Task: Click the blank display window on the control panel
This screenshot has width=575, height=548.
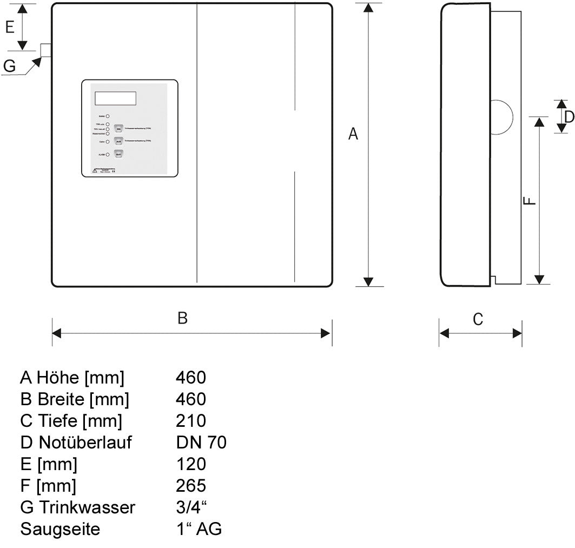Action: (116, 98)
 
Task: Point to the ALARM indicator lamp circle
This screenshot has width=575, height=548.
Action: (108, 155)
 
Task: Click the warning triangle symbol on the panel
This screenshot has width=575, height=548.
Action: (95, 171)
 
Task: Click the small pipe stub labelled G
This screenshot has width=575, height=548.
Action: (45, 50)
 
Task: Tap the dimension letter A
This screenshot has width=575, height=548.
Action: (353, 134)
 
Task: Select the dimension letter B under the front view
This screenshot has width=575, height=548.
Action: (183, 318)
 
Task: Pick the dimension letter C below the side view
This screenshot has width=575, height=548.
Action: (478, 320)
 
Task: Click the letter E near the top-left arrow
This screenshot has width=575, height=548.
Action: (10, 27)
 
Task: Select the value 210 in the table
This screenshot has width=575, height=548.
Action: (191, 420)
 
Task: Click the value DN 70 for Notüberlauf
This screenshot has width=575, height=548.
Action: (201, 443)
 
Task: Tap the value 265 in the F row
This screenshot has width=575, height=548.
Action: (191, 485)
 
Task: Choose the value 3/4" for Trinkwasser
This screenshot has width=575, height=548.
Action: (191, 507)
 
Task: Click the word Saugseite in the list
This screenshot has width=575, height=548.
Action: (60, 529)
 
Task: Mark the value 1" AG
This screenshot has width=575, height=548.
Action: (199, 529)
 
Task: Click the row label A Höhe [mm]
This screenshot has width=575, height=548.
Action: (72, 377)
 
